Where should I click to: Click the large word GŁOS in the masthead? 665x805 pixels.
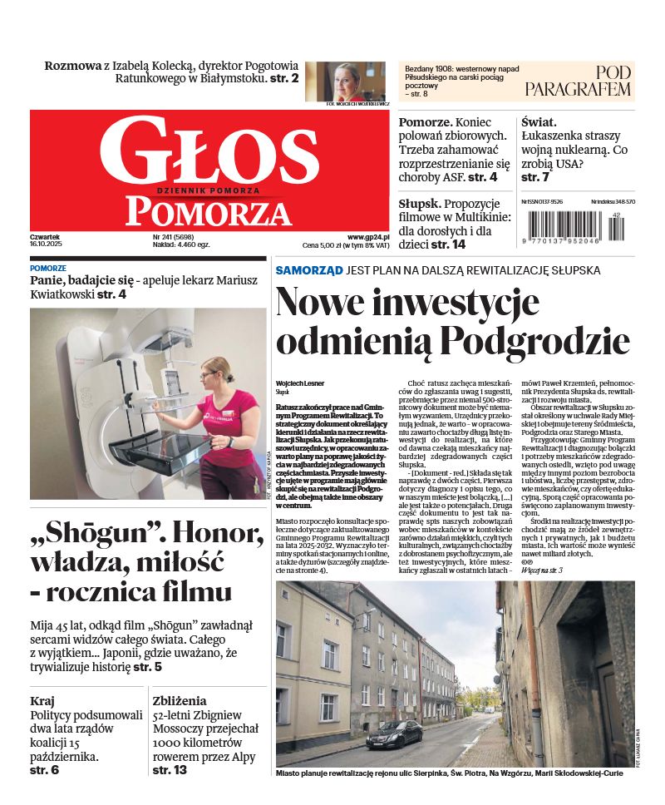click(x=209, y=153)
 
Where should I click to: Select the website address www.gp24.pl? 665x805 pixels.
click(x=368, y=237)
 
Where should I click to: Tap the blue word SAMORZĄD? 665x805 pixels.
click(x=309, y=270)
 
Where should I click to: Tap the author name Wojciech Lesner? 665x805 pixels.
click(x=301, y=383)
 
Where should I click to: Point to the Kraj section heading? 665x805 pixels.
click(x=42, y=700)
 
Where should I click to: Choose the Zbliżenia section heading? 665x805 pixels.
click(x=180, y=700)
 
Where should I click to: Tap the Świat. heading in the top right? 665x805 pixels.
click(x=539, y=121)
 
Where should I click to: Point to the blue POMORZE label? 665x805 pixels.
click(x=48, y=269)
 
